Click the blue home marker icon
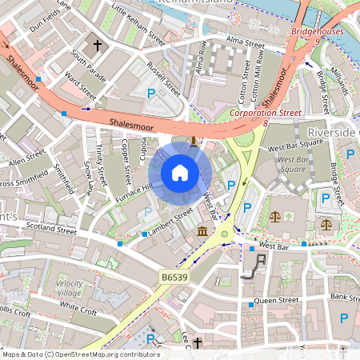click(x=180, y=172)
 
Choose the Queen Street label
click(x=276, y=301)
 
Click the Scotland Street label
click(x=50, y=230)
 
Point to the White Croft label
click(x=78, y=306)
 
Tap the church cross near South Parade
click(x=98, y=46)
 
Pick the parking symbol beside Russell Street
click(x=151, y=94)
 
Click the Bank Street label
click(x=345, y=298)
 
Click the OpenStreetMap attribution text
click(x=80, y=354)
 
